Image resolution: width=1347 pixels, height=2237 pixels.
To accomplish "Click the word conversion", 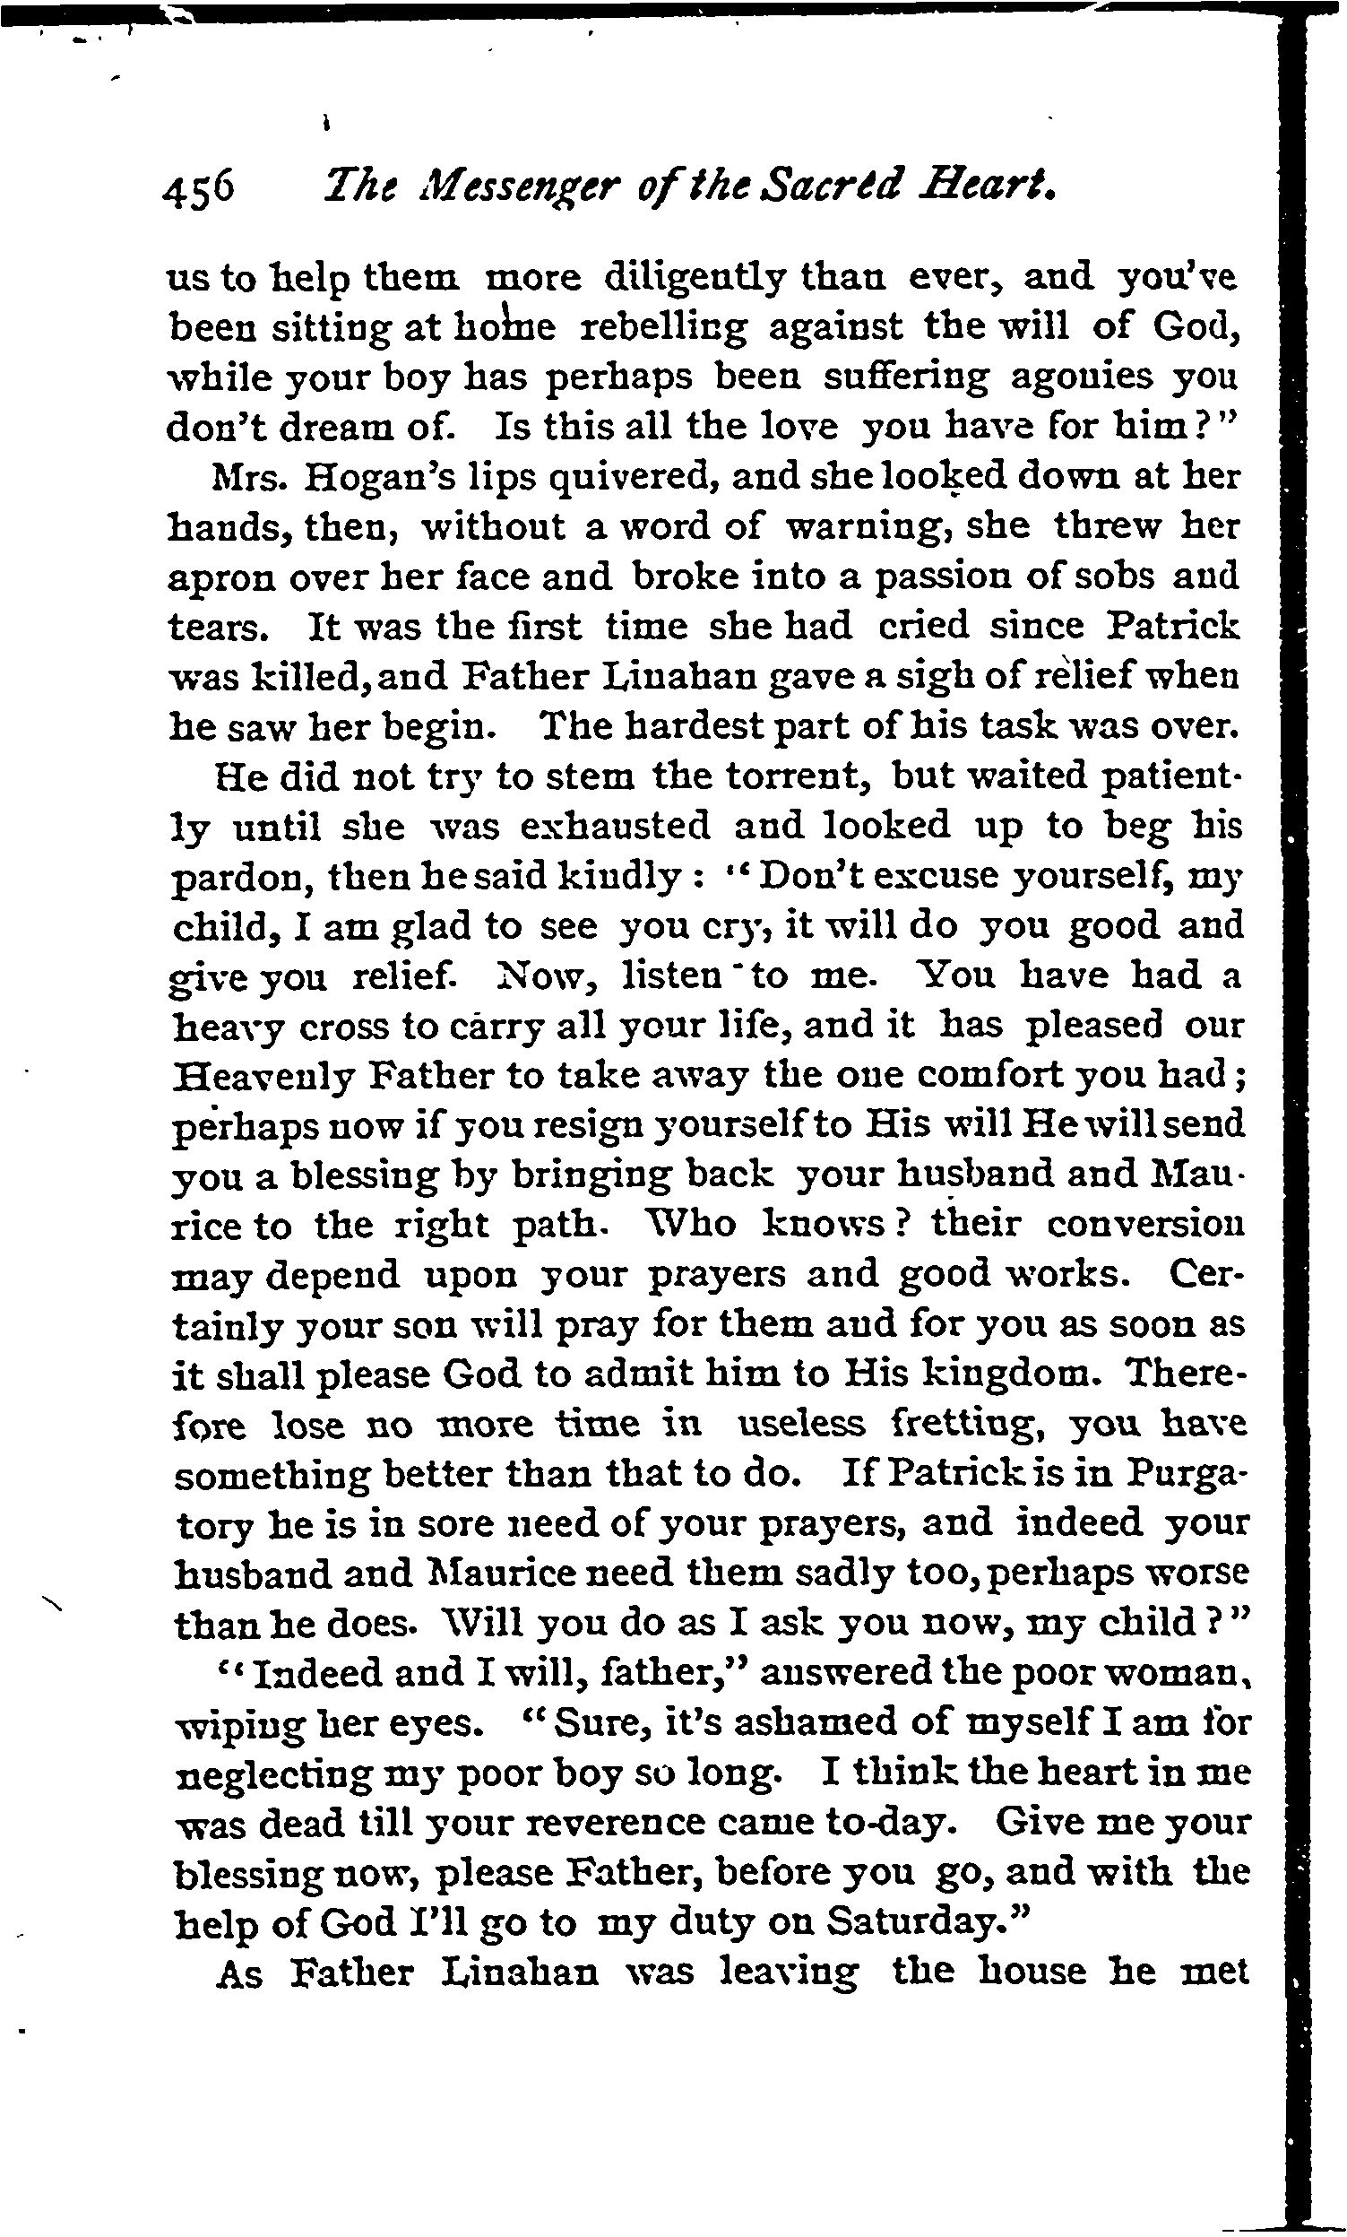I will click(1145, 1225).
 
